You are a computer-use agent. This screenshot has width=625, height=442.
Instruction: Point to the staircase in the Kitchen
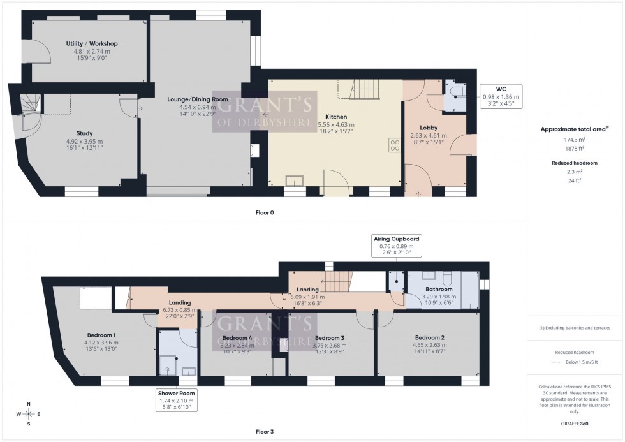(x=365, y=89)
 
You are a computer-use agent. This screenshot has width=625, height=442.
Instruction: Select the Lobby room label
(x=428, y=128)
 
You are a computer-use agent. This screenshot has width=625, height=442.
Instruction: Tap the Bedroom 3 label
(x=330, y=337)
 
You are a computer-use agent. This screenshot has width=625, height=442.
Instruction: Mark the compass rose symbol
(x=29, y=414)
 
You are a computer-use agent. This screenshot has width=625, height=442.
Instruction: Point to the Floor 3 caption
(x=264, y=432)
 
